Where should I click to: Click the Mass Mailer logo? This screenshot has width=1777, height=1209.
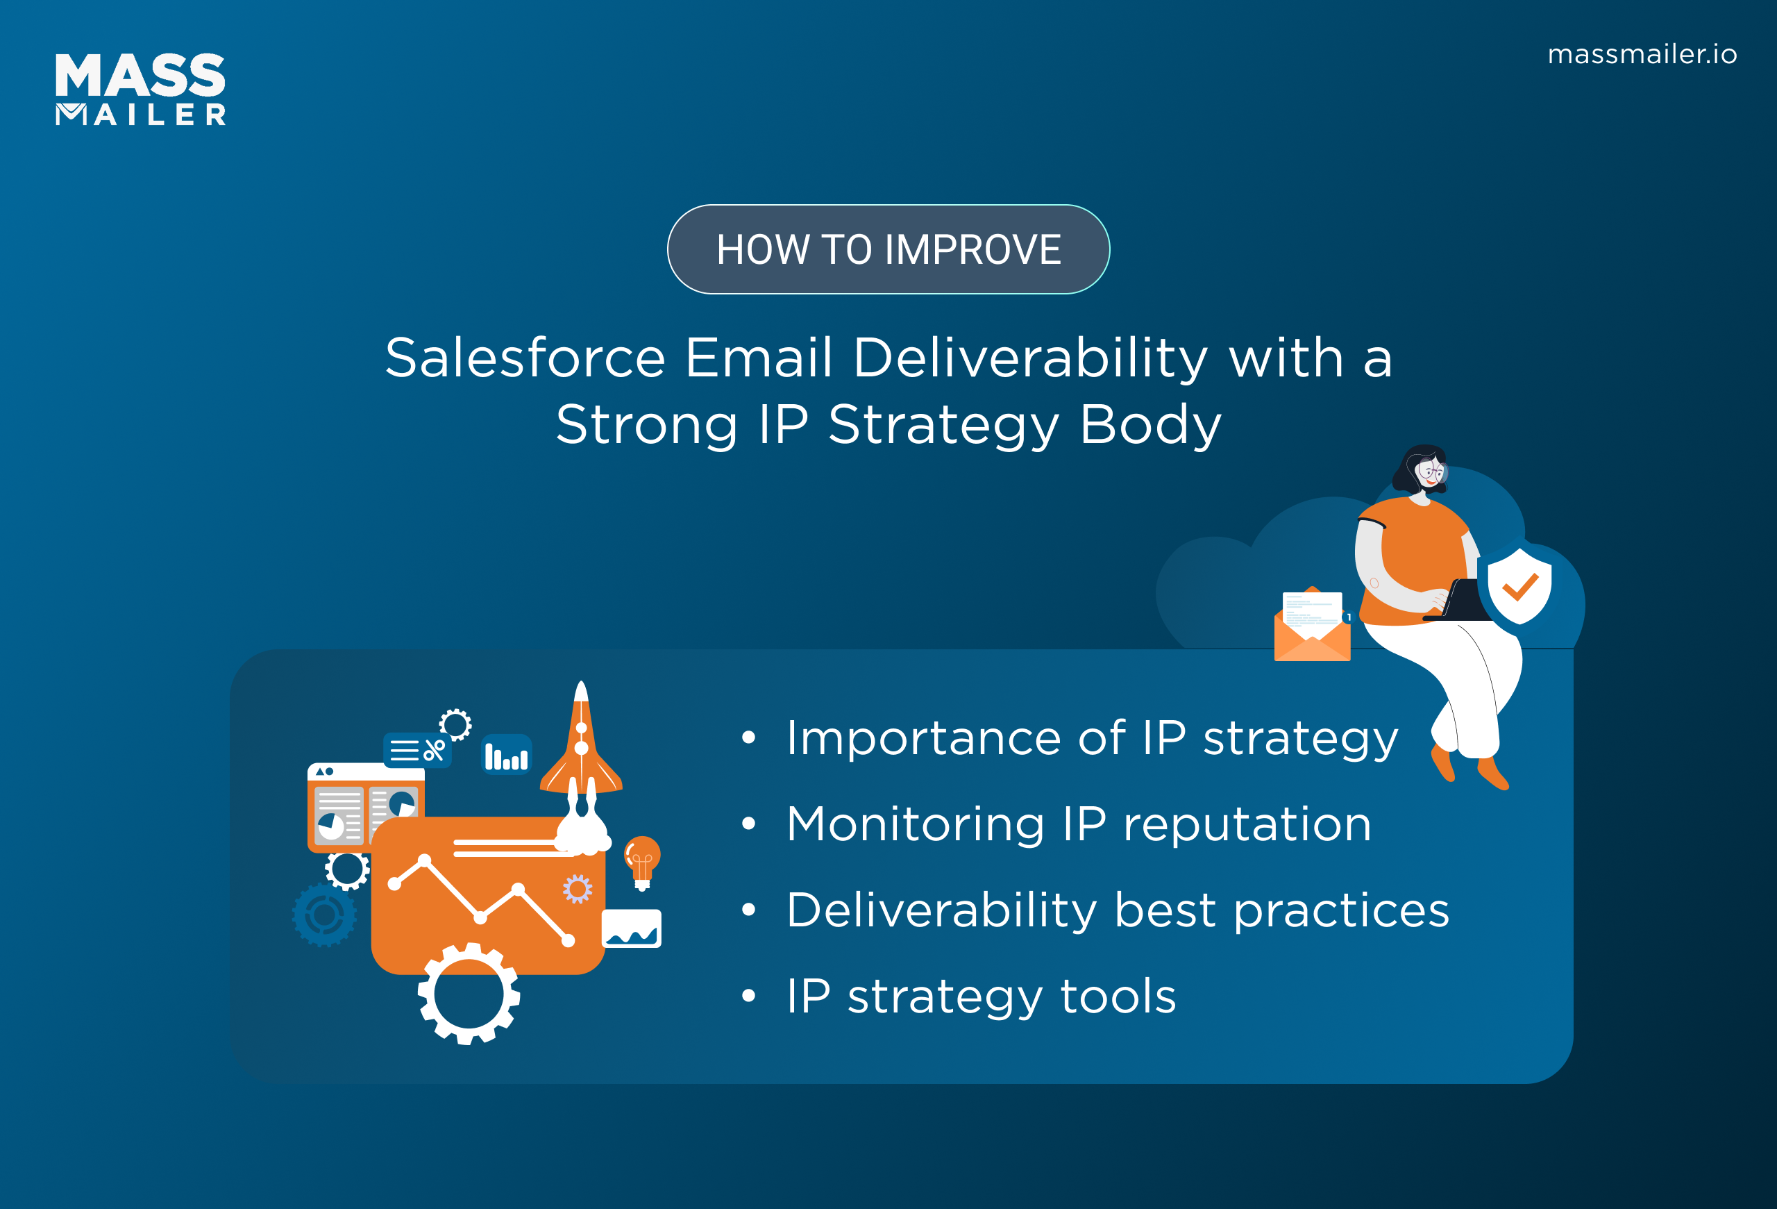pyautogui.click(x=141, y=89)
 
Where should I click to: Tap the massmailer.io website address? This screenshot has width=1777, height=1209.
pyautogui.click(x=1642, y=54)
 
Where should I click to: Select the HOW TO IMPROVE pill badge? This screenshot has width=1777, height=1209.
pyautogui.click(x=888, y=249)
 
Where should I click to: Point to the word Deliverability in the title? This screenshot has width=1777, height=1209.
pyautogui.click(x=1030, y=358)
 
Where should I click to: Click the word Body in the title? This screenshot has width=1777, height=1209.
pyautogui.click(x=1150, y=424)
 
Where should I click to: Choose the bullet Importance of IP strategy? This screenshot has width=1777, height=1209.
pyautogui.click(x=1092, y=738)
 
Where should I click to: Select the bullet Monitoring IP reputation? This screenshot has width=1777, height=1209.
pyautogui.click(x=1078, y=824)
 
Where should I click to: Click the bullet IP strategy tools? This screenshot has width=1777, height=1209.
pyautogui.click(x=981, y=997)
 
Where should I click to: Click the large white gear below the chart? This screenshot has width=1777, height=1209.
pyautogui.click(x=469, y=993)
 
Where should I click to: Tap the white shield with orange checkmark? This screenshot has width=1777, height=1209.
pyautogui.click(x=1519, y=586)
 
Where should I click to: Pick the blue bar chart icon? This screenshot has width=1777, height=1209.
pyautogui.click(x=506, y=756)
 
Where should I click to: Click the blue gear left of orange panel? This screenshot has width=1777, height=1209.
pyautogui.click(x=324, y=915)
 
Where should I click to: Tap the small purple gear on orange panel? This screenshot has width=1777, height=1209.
pyautogui.click(x=578, y=889)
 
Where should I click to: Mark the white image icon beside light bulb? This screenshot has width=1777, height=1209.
pyautogui.click(x=632, y=928)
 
